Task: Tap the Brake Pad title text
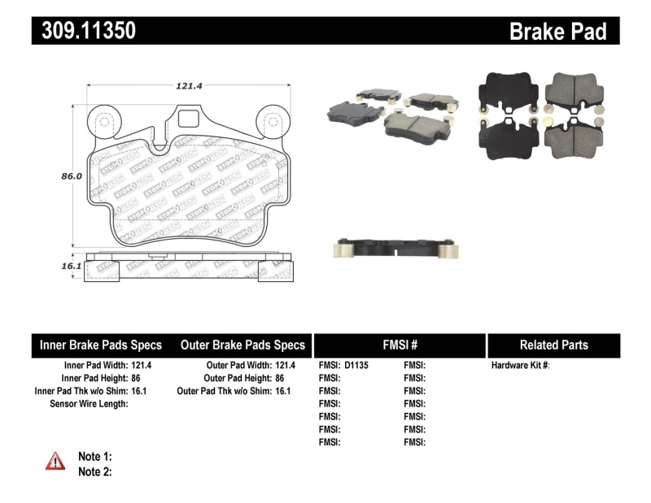pos(557,31)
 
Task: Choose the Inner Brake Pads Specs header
pos(101,345)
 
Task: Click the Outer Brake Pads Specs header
pos(242,345)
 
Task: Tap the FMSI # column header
pos(399,345)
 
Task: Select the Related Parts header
pos(553,345)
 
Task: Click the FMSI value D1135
pos(356,366)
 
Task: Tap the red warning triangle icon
pos(55,461)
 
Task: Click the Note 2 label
pos(94,471)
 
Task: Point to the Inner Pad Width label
pos(87,366)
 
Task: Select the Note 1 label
pos(94,457)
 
